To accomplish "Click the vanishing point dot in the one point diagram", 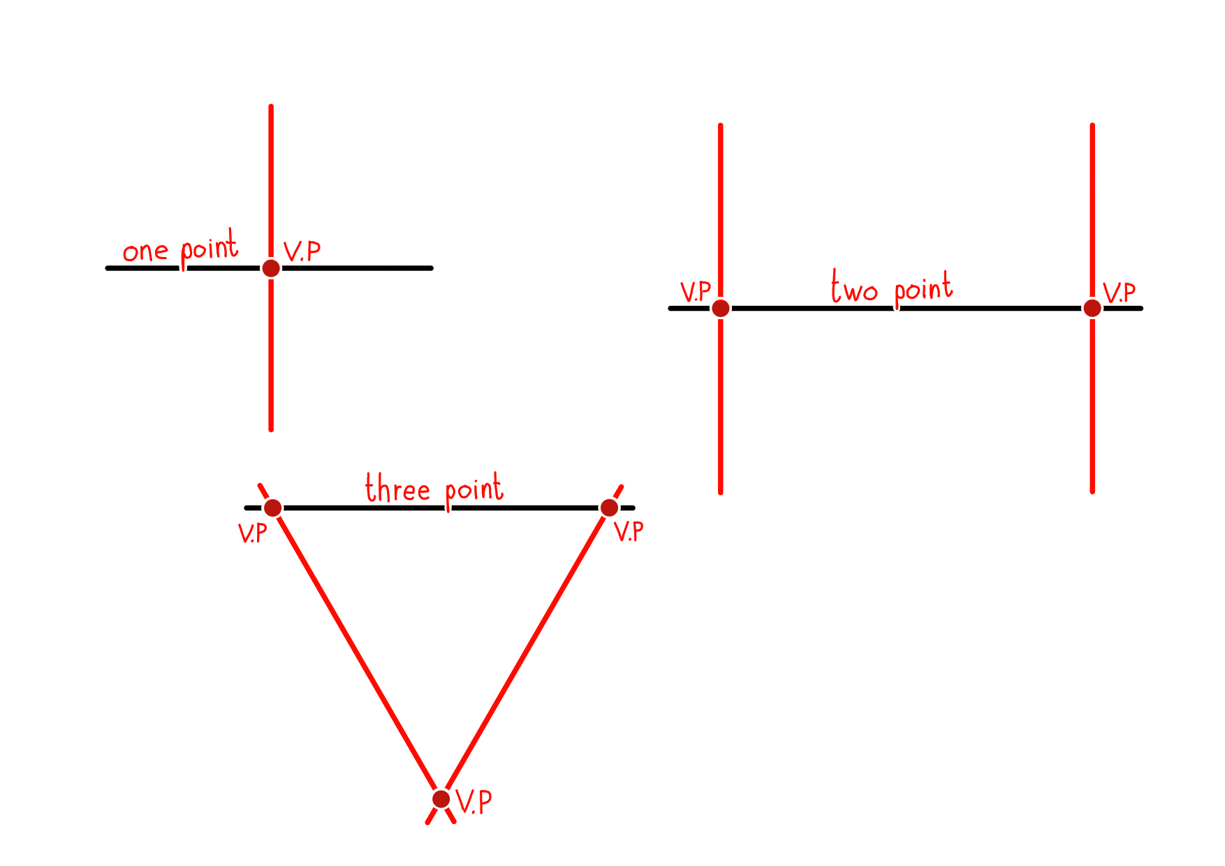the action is (x=271, y=268).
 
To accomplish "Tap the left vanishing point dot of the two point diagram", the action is (x=721, y=308).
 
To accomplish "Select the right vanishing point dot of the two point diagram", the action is (x=1092, y=308).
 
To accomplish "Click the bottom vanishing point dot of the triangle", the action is (x=441, y=799).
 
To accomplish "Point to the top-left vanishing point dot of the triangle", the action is (x=273, y=508).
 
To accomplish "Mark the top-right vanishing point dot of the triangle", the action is (x=609, y=508).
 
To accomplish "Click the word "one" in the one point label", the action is (x=145, y=251).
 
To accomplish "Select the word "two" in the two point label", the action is (x=854, y=287).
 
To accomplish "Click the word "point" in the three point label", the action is (x=474, y=490).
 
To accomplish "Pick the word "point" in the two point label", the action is (x=923, y=289).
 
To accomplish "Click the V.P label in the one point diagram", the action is (x=302, y=251).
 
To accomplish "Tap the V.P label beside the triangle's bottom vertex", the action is (x=474, y=802).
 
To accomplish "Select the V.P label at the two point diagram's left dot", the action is (x=695, y=292).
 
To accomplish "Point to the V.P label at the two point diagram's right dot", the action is (x=1119, y=293).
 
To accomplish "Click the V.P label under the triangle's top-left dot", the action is (x=252, y=534).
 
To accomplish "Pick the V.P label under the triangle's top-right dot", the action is (x=629, y=531).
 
